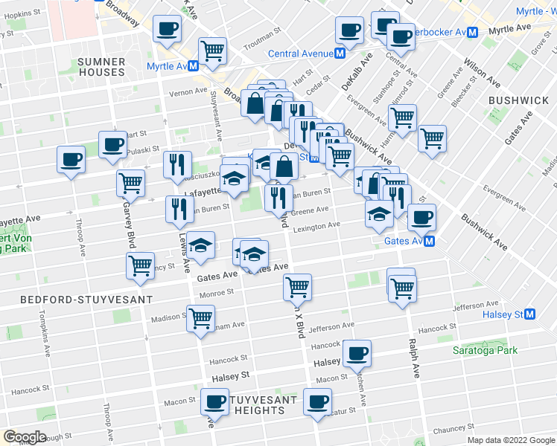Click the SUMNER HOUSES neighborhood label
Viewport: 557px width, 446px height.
[x=101, y=66]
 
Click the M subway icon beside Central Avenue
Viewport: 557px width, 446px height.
[x=340, y=54]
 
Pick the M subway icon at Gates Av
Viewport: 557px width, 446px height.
[x=430, y=241]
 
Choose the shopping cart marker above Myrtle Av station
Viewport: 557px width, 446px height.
[x=213, y=49]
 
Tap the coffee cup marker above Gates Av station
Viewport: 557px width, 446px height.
[x=421, y=216]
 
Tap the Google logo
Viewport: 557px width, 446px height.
[x=25, y=437]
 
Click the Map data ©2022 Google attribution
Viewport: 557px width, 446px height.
[x=510, y=440]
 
